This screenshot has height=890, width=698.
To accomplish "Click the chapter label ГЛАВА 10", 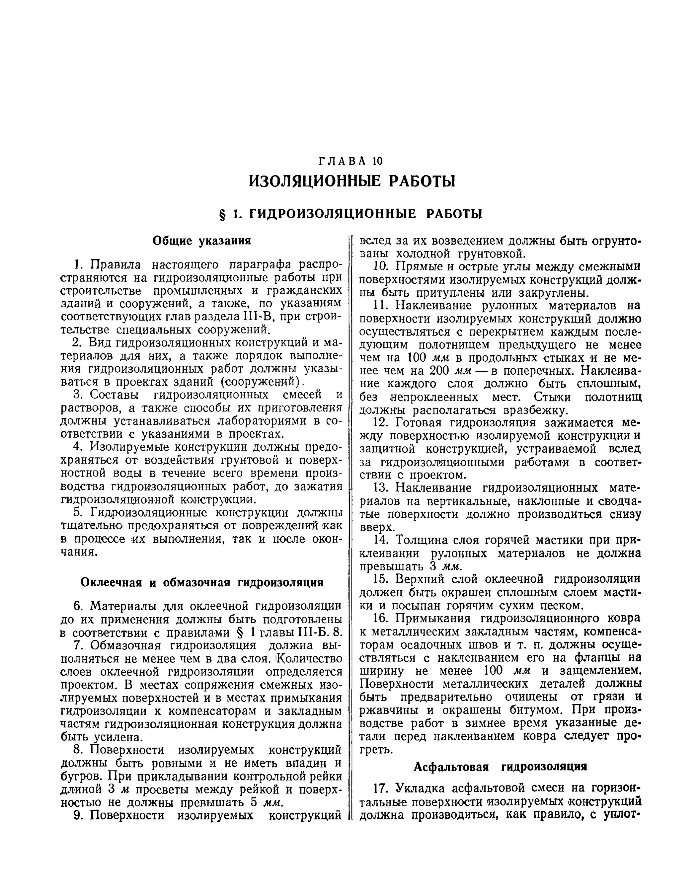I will coord(351,161).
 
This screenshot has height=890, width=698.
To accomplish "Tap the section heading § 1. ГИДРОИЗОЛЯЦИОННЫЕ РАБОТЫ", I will coord(351,214).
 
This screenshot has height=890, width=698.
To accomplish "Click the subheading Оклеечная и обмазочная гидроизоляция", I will coord(202,582).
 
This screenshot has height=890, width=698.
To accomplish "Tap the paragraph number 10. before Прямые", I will coord(381,266).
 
